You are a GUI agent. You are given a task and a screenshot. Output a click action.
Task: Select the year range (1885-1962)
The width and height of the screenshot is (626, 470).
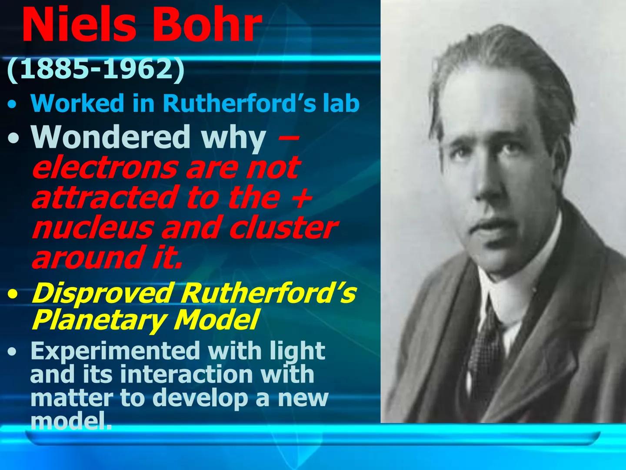point(96,69)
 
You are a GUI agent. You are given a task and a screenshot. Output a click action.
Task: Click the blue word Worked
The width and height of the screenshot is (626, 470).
point(77,104)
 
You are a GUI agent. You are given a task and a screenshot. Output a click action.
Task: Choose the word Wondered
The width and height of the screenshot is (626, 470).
point(111,137)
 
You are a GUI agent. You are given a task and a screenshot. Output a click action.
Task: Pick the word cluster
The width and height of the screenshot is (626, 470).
point(283,228)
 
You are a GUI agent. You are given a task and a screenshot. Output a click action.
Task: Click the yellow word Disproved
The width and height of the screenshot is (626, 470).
point(102,294)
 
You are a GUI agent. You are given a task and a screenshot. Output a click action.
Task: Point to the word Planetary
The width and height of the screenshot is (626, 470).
point(98,320)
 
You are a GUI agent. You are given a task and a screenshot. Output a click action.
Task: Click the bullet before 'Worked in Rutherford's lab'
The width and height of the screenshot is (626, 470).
point(13,105)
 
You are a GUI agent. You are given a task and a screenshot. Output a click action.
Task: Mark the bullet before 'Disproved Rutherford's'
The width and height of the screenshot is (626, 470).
point(13,295)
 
